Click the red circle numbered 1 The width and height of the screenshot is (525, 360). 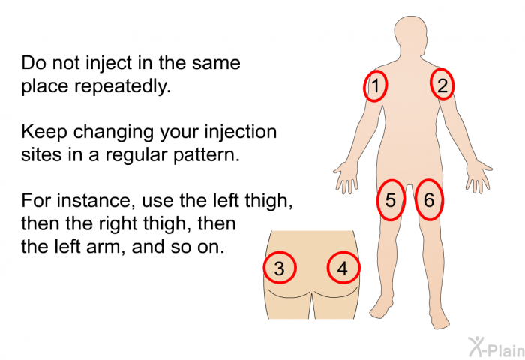364,85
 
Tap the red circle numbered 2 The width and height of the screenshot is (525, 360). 431,84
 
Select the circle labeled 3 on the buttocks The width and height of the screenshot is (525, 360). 265,268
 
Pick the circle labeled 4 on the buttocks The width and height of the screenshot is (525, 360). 328,268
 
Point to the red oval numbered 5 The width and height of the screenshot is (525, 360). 378,200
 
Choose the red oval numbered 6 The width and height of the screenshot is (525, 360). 416,200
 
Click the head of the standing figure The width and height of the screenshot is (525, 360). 411,35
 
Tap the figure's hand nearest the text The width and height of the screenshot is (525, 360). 346,177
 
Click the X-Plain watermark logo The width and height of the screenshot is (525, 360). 496,346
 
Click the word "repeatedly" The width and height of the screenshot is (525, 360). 122,87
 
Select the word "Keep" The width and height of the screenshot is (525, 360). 44,132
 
